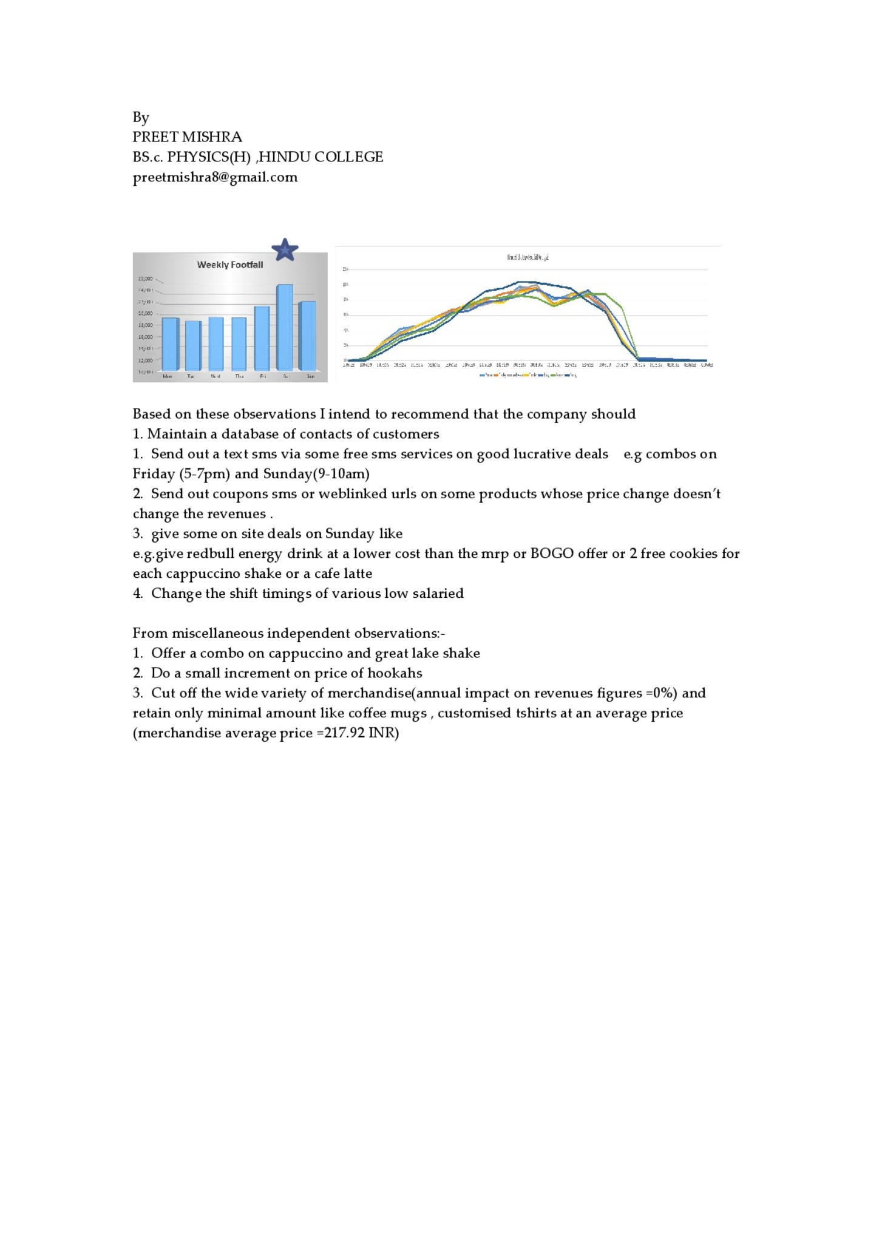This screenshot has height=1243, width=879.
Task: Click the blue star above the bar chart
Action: [x=285, y=250]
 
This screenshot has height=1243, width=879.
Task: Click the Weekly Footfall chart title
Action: [x=230, y=265]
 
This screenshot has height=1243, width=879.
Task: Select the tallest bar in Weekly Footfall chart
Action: [x=285, y=327]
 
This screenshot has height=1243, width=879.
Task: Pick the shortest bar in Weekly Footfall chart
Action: [x=193, y=345]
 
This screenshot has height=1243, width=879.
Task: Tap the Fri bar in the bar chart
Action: [x=262, y=338]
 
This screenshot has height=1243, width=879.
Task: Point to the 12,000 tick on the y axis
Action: [x=146, y=360]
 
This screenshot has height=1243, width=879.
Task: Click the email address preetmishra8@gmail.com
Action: [x=215, y=177]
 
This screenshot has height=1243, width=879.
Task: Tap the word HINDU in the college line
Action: [x=285, y=157]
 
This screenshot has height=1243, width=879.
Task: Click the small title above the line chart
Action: [x=528, y=257]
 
